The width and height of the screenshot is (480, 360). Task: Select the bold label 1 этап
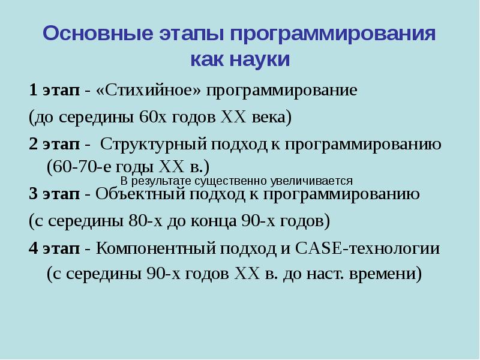pos(54,91)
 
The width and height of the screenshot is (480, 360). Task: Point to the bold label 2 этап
pos(54,145)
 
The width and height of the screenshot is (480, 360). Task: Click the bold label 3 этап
pos(54,194)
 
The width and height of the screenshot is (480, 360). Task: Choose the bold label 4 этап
pos(54,248)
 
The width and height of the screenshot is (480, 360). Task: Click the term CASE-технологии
pos(378,248)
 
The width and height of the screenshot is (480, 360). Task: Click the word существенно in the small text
pos(239,181)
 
